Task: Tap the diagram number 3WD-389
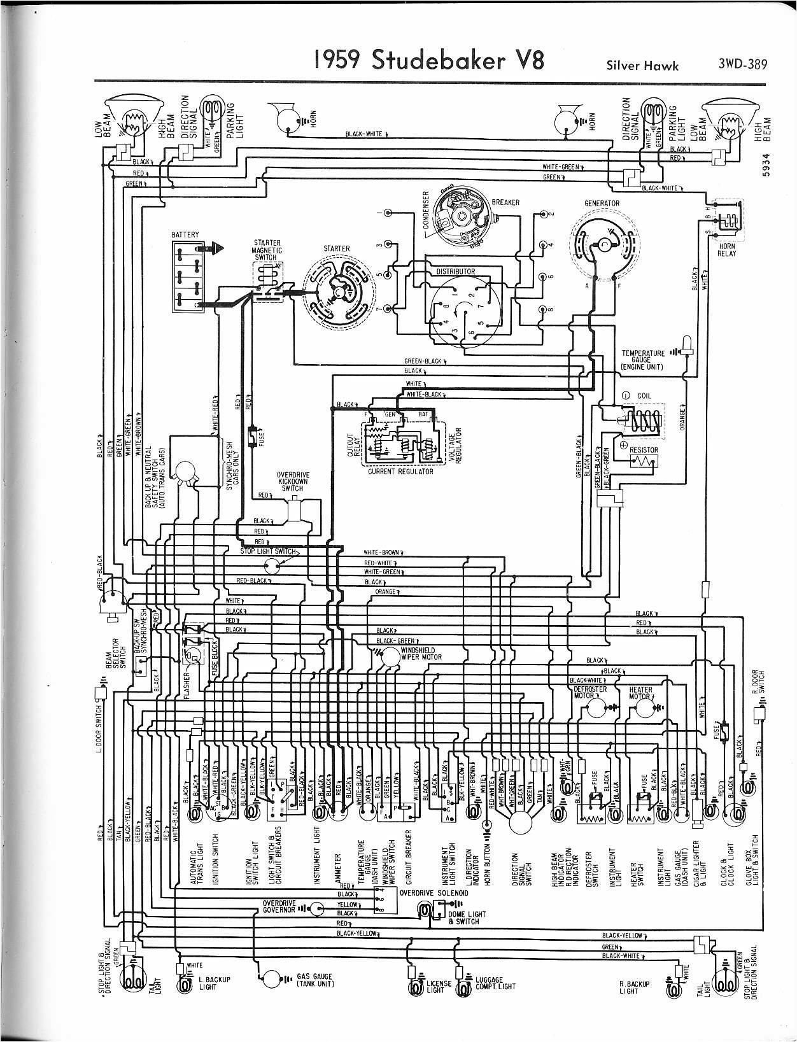(x=742, y=64)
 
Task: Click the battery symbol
(x=185, y=276)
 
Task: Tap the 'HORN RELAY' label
(x=727, y=250)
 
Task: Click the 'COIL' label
(x=644, y=396)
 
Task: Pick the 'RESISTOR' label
(x=644, y=449)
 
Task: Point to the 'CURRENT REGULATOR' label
(x=400, y=472)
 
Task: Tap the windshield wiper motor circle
(x=388, y=659)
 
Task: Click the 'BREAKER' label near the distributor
(x=505, y=202)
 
